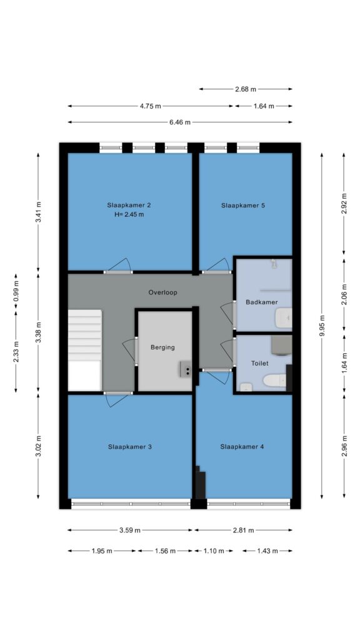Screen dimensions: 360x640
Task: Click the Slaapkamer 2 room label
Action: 126,205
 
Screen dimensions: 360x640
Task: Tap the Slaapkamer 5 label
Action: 243,205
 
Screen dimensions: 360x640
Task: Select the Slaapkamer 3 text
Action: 130,447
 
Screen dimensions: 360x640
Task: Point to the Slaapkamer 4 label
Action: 242,447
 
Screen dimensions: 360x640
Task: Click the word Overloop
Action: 163,292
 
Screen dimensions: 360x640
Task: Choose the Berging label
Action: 162,347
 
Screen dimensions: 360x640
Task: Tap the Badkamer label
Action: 262,302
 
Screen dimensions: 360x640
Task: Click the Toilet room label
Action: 259,363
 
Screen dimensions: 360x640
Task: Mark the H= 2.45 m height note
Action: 129,214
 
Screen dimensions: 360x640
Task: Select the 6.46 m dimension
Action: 180,122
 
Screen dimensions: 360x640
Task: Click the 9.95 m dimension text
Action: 322,326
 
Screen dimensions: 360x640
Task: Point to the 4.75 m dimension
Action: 150,106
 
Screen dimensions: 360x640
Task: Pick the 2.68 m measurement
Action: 246,89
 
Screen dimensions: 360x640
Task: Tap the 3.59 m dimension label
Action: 130,530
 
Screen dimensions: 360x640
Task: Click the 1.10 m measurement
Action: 214,551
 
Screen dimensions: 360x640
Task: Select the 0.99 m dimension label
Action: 16,292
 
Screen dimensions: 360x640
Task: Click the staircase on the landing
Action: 84,350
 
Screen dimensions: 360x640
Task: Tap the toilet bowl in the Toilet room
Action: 274,381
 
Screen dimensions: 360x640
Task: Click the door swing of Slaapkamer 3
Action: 117,400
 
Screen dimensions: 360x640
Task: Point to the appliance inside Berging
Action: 186,369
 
